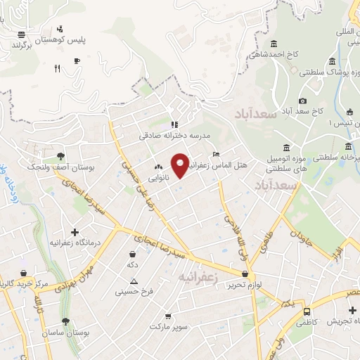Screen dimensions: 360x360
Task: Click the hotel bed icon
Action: click(215, 154)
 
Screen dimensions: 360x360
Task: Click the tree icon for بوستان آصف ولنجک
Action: click(60, 156)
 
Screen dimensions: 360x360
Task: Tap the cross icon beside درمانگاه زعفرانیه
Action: click(75, 231)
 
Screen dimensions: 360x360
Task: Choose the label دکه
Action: click(132, 264)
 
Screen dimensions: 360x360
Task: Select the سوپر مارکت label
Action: click(170, 326)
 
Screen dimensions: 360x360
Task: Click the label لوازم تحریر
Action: click(245, 284)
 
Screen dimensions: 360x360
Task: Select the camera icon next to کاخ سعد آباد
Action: click(302, 101)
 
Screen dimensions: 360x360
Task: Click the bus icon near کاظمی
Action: click(307, 311)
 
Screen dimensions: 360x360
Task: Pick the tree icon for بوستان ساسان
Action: click(65, 321)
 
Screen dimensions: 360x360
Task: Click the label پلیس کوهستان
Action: click(86, 39)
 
